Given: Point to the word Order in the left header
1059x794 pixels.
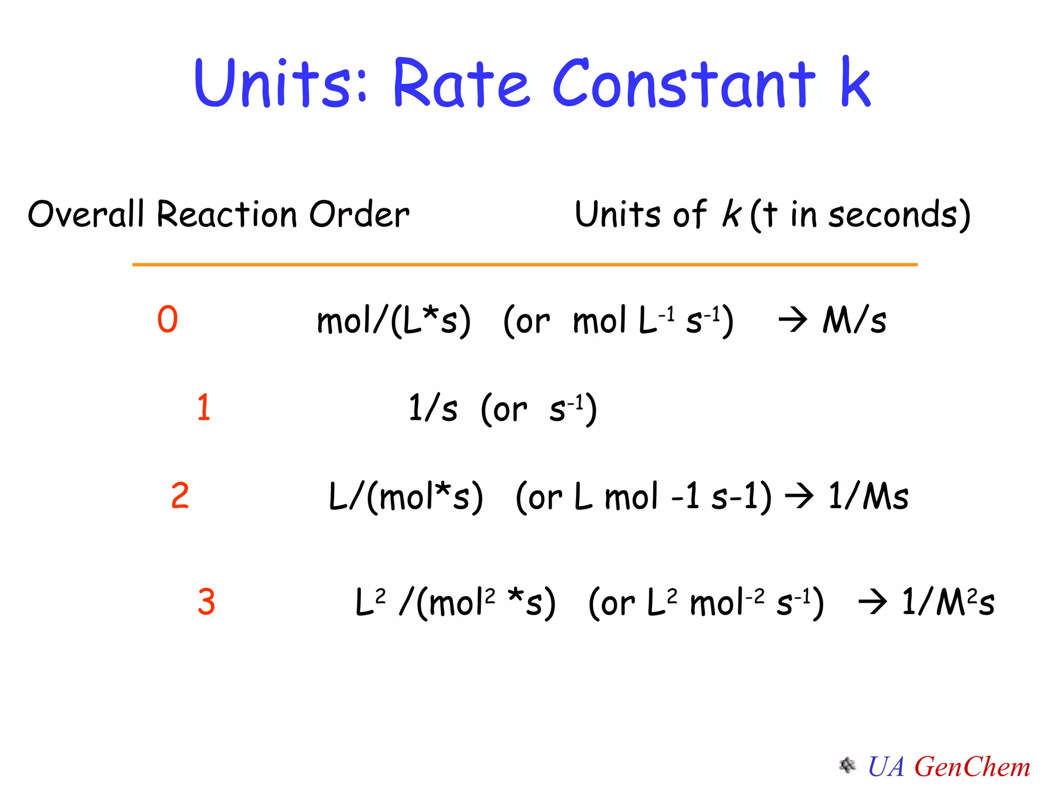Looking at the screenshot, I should pos(359,214).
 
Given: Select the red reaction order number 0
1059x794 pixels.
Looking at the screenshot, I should pos(168,319).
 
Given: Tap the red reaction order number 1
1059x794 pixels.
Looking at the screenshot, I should pos(204,407).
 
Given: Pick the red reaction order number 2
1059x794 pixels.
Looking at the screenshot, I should pos(180,495).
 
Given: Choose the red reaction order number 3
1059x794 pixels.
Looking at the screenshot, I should pos(206,602).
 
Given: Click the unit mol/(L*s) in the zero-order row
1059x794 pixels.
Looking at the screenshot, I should pos(394,320).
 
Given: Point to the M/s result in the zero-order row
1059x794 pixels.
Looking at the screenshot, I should pos(854,320).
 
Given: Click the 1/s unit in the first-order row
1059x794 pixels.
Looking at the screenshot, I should pos(432,408).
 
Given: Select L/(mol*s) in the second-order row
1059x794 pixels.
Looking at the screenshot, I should pos(406,497).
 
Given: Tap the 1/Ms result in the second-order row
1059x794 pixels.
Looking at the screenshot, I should pos(868,496).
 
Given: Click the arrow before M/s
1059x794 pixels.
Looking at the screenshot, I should pos(793,320).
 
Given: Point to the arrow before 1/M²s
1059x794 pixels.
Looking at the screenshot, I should pos(873,603).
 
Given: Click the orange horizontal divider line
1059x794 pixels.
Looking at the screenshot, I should pos(524,265).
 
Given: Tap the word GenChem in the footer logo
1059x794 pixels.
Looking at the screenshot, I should pos(972,767).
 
